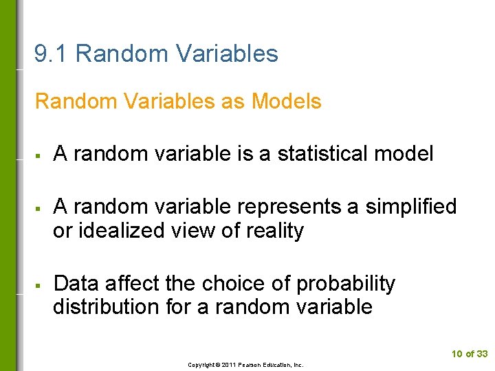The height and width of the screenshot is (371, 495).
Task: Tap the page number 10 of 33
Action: click(x=470, y=354)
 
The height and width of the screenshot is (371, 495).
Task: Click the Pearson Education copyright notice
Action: click(x=245, y=365)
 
